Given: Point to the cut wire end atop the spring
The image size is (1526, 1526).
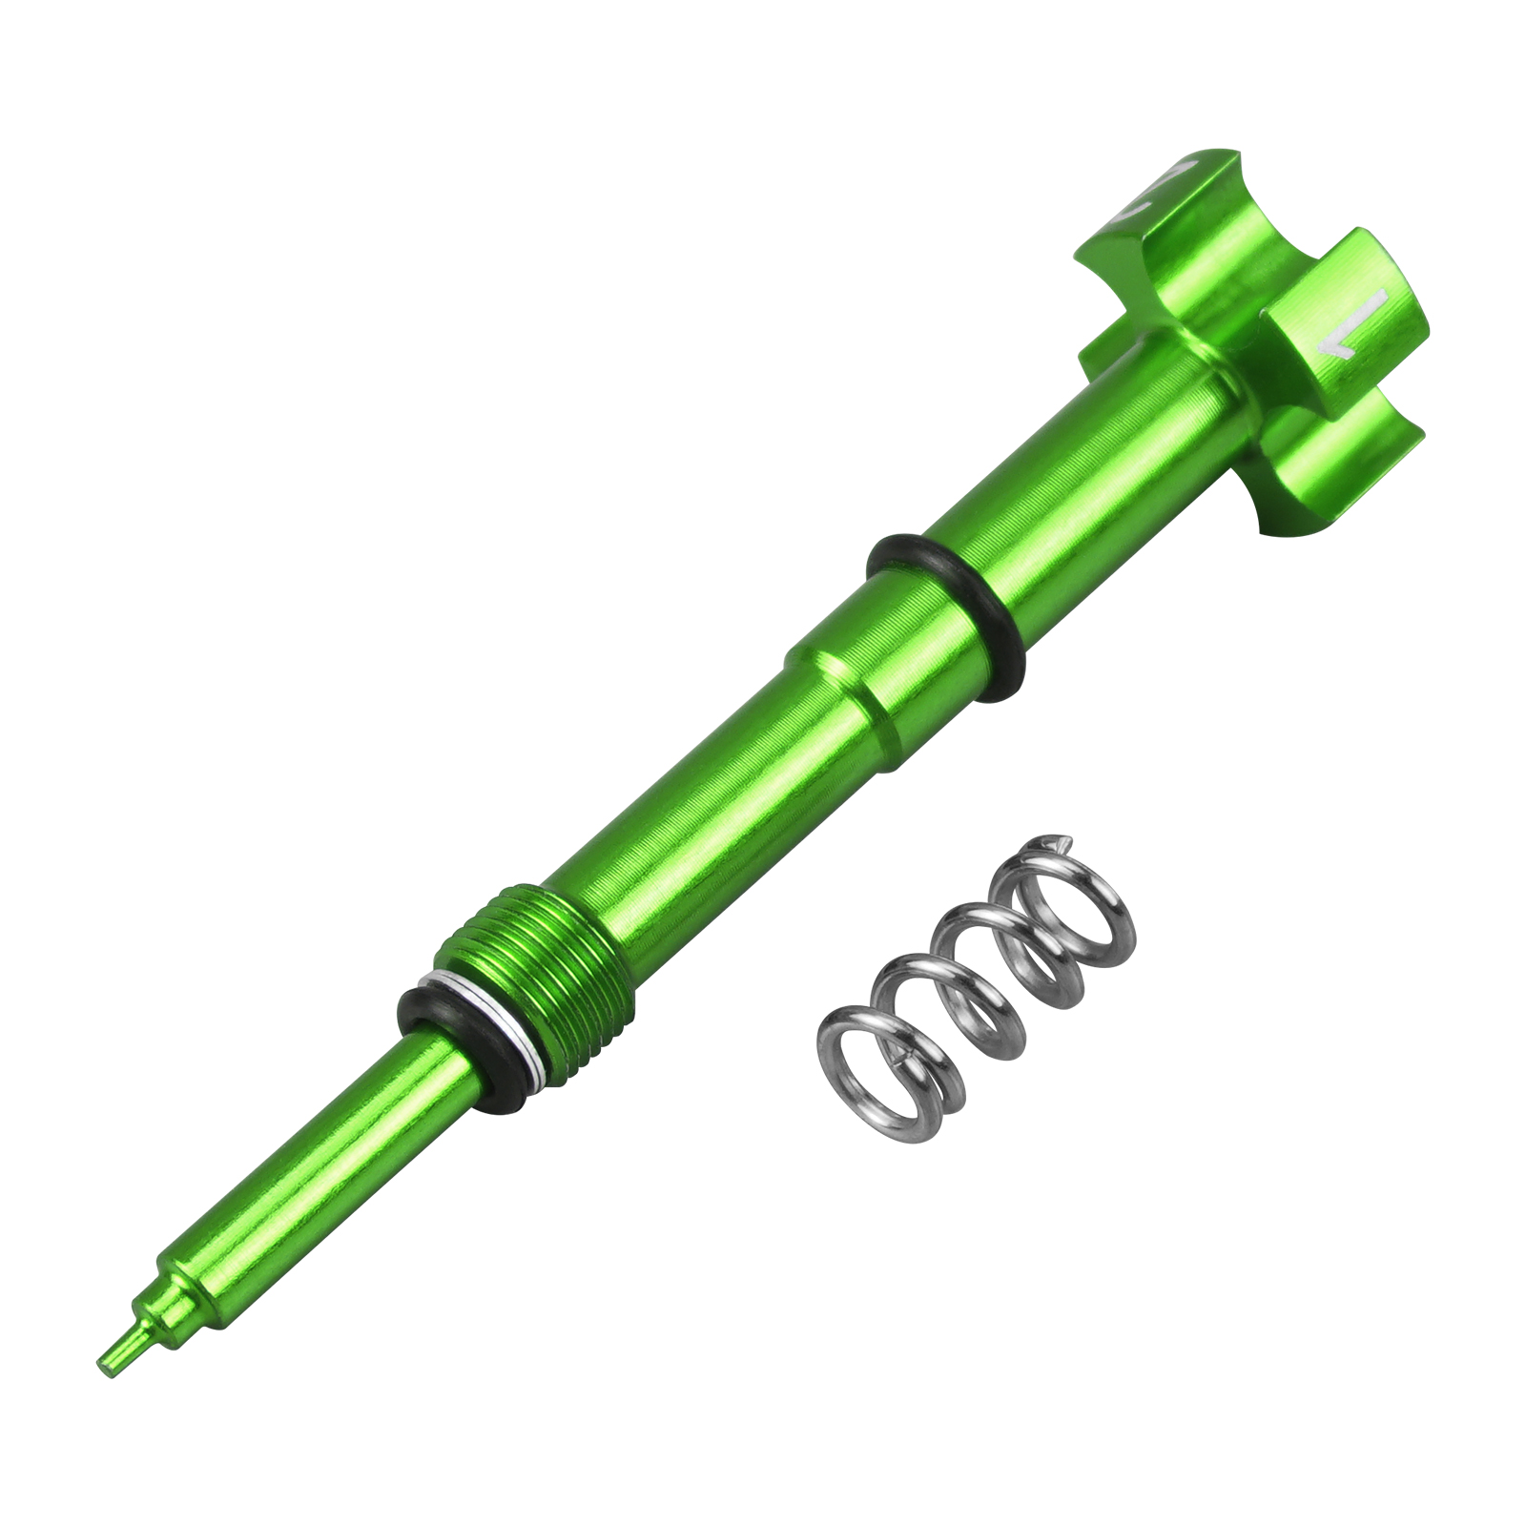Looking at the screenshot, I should (x=1053, y=842).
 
